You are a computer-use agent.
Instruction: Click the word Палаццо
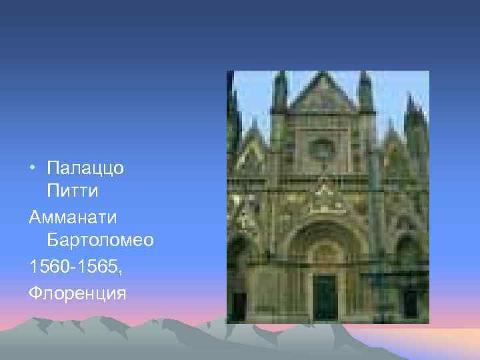(86, 169)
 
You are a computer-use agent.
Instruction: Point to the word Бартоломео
(101, 241)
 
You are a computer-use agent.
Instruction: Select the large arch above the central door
(325, 240)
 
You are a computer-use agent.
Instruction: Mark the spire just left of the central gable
(281, 93)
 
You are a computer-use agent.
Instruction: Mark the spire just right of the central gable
(365, 93)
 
